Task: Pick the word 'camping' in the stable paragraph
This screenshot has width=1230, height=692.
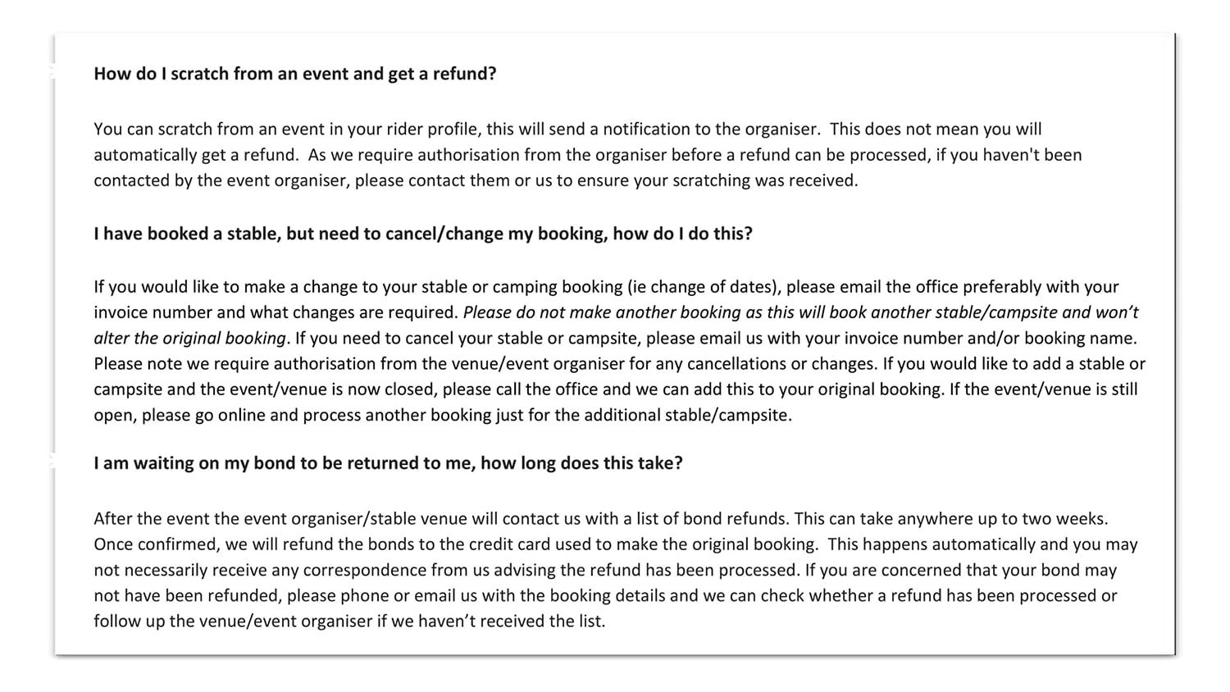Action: [548, 287]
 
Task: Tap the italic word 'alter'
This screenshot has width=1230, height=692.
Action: [112, 338]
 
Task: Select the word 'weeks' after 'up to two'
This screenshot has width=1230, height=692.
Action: [1082, 519]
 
